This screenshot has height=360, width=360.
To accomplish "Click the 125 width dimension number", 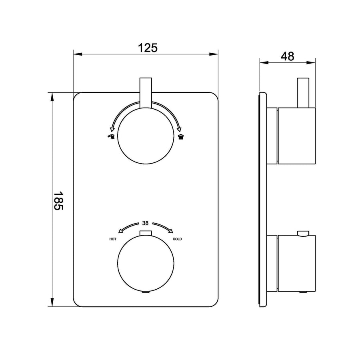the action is coord(148,48).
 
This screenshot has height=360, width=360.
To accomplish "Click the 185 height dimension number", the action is coord(58,201).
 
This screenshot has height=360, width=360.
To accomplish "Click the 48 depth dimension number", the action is coord(287,56).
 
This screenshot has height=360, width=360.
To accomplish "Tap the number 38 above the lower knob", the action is coord(145,223).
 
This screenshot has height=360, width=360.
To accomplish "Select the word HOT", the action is coord(113,239).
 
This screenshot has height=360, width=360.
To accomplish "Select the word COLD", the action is coord(177,239).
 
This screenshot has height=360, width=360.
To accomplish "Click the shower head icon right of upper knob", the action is coord(181,137).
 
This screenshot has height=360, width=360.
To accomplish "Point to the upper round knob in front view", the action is coord(146,136).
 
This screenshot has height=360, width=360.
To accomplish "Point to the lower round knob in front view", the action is coord(146,264).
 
